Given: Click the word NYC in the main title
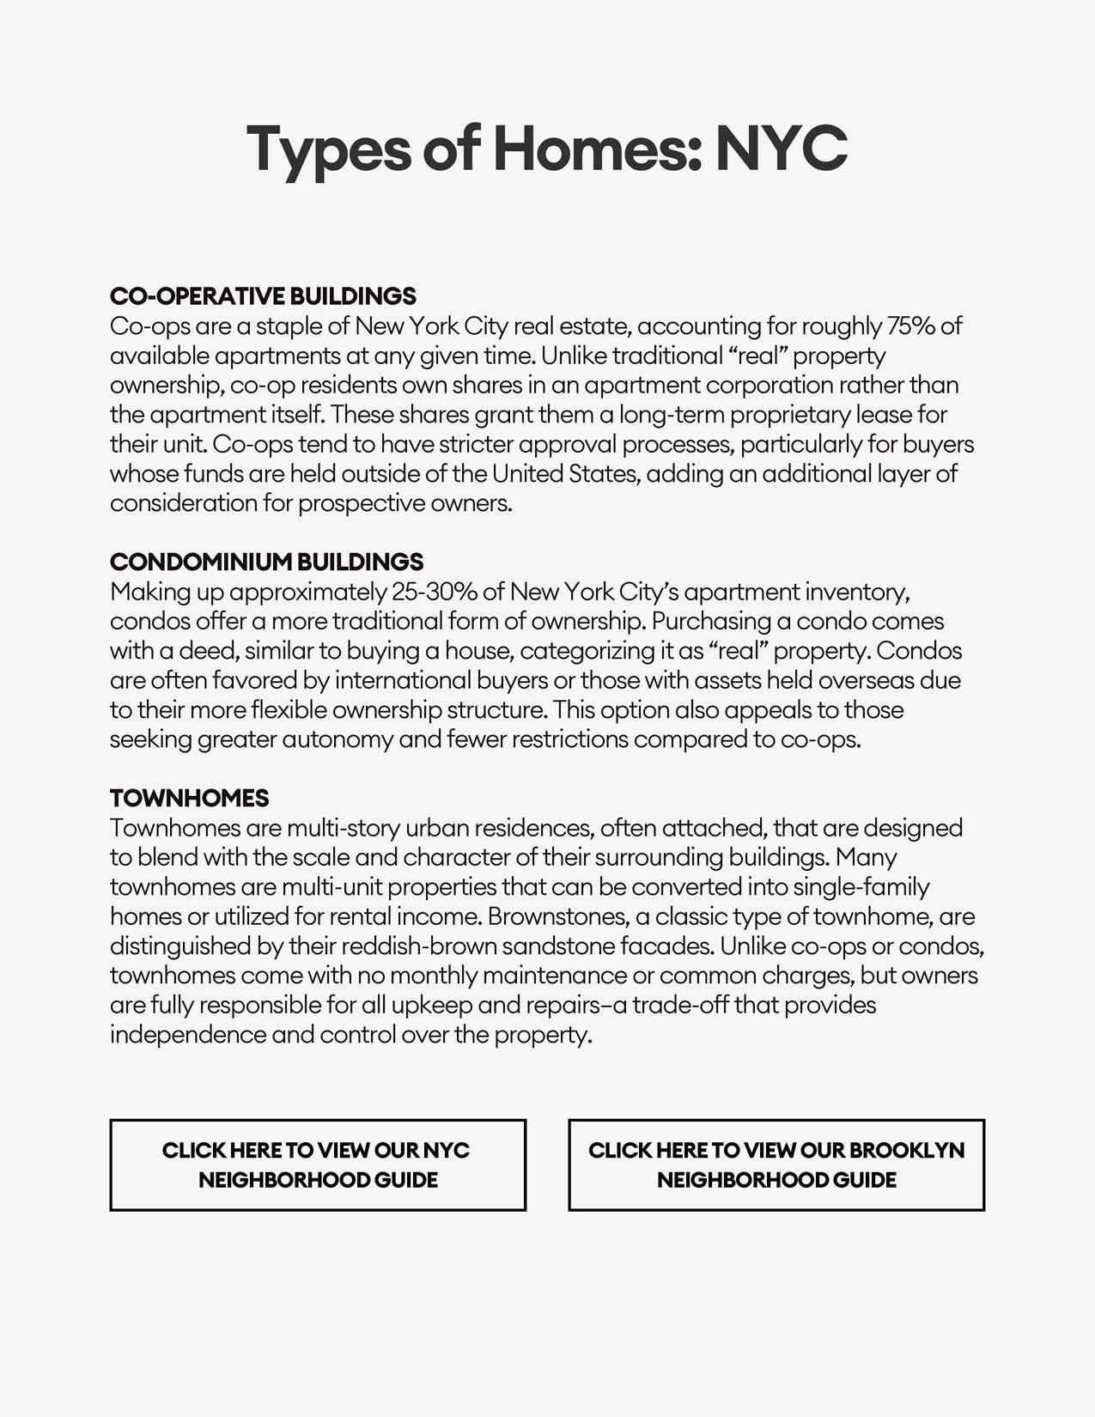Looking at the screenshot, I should [x=782, y=148].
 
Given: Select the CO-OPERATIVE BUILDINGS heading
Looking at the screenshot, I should [x=263, y=296].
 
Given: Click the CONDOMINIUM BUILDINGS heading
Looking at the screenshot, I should [x=266, y=563].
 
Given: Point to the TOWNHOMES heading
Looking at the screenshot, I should [x=189, y=799].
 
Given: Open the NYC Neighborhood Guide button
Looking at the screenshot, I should [x=318, y=1165].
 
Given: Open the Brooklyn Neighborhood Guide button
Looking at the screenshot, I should [x=776, y=1165].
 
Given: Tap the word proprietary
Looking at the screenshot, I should [x=787, y=415].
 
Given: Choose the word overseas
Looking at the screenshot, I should [x=866, y=681].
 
